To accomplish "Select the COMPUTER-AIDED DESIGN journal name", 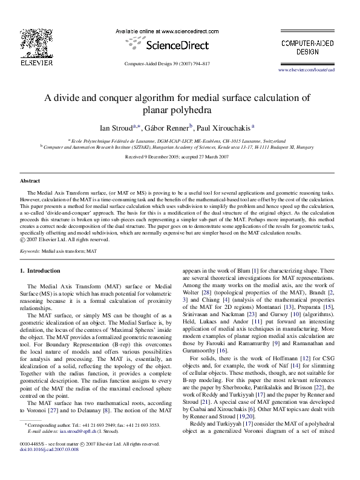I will (x=307, y=47).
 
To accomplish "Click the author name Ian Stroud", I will (x=116, y=128).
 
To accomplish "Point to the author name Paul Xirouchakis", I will (x=224, y=128).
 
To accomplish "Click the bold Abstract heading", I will (x=30, y=181).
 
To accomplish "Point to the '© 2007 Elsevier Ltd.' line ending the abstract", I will (x=65, y=239).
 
